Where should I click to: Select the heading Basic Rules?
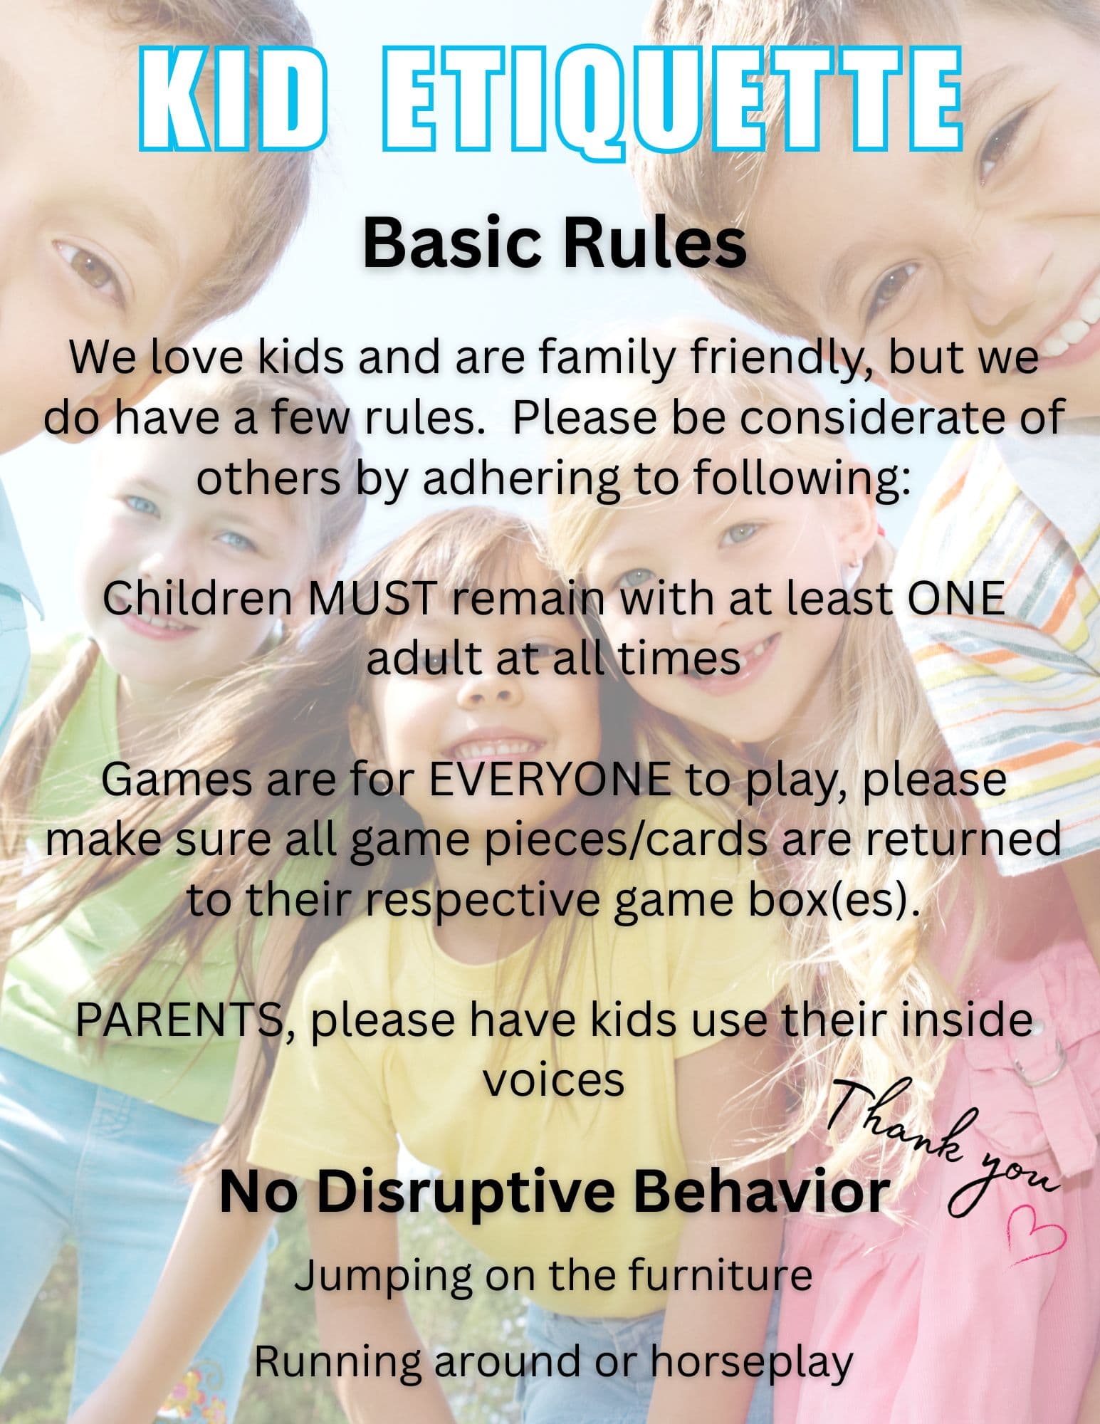(x=555, y=243)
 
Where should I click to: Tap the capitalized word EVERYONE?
(x=549, y=780)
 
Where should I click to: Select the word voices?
(x=555, y=1082)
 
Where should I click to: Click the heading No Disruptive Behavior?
(x=555, y=1192)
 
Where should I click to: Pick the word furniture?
(x=721, y=1275)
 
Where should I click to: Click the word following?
(x=801, y=480)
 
